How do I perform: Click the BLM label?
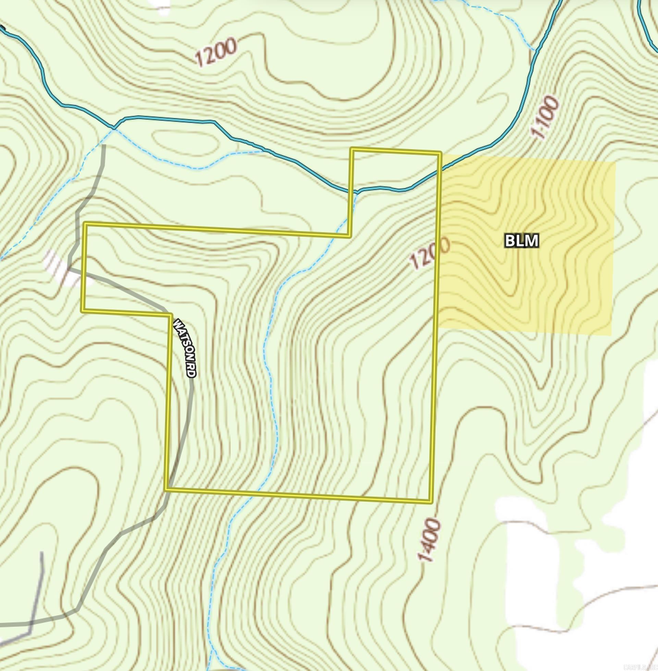tap(522, 241)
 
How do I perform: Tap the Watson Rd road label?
tap(184, 347)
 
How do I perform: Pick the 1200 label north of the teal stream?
tap(216, 52)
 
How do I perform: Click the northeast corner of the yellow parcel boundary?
tap(440, 153)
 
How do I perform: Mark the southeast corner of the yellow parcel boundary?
tap(431, 501)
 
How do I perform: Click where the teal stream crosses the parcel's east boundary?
tap(440, 171)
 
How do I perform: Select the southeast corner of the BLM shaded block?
tap(611, 334)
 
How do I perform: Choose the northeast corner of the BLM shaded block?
tap(616, 162)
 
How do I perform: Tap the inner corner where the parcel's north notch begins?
tap(349, 236)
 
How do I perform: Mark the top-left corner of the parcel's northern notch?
tap(352, 149)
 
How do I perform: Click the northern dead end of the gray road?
tap(104, 146)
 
